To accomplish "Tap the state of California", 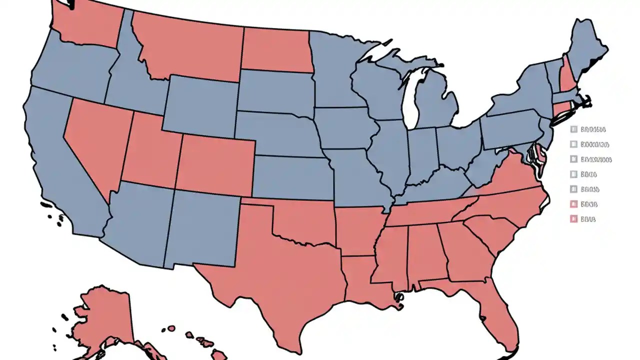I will [x=55, y=165].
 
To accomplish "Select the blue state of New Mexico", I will [x=200, y=230].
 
